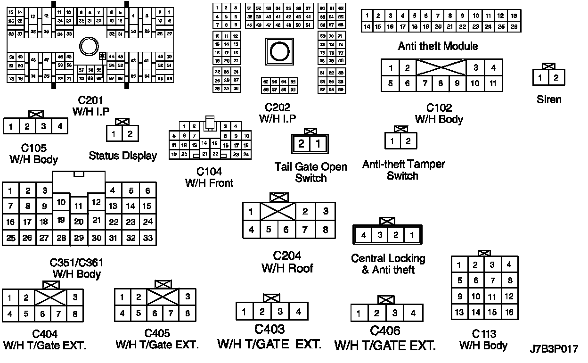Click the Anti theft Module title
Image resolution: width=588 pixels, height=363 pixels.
coord(438,46)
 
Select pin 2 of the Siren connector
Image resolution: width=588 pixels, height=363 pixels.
coord(556,77)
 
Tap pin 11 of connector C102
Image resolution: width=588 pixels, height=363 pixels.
coord(493,83)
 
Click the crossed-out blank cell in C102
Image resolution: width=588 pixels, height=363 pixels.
coord(441,67)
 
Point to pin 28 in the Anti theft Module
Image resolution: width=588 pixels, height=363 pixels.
coord(514,27)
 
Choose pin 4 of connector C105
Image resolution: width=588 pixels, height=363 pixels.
coord(60,126)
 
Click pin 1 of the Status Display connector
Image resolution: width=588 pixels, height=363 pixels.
coord(114,134)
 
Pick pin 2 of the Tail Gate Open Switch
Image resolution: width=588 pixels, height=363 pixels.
coord(302,144)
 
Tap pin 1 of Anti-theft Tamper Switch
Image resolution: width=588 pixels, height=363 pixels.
coord(392,140)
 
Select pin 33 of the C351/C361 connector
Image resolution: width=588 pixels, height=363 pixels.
coord(148,238)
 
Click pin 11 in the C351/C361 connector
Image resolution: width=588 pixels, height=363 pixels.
coord(79,206)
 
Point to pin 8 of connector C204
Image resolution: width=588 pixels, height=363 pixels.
coord(326,230)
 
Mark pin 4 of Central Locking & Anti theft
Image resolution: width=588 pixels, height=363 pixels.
coord(364,235)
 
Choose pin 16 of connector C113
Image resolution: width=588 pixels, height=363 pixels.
coord(509,312)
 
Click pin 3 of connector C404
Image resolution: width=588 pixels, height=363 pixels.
coord(74,297)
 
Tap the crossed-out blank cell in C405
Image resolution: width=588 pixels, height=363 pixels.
coord(163,297)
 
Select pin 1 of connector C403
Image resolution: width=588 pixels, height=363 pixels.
coord(244,312)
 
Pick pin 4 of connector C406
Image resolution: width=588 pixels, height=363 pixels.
coord(413,313)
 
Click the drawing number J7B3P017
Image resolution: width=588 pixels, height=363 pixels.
coord(553,349)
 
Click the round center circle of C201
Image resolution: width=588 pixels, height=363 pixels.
coord(88,47)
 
